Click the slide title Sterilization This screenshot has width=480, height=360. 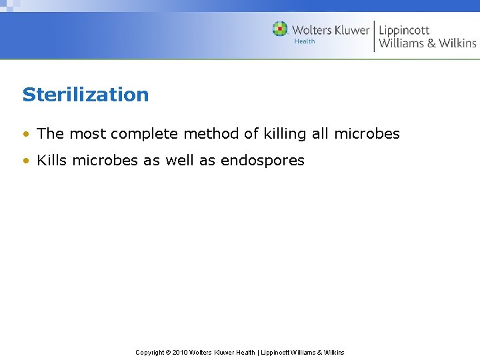(x=85, y=95)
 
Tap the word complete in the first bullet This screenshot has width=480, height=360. (x=145, y=134)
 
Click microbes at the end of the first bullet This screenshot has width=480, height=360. (x=367, y=134)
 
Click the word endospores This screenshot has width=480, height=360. (x=262, y=161)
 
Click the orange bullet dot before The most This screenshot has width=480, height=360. (x=25, y=134)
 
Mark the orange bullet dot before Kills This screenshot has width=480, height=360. (x=25, y=161)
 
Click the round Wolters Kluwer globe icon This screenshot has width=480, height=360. (x=280, y=29)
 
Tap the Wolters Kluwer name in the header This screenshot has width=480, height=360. (x=330, y=30)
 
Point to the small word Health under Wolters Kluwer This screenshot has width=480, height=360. (x=305, y=41)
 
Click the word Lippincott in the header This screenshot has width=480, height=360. (x=404, y=30)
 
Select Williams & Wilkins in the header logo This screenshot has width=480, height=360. (x=427, y=43)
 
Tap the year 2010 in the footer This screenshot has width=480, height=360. (x=180, y=352)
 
